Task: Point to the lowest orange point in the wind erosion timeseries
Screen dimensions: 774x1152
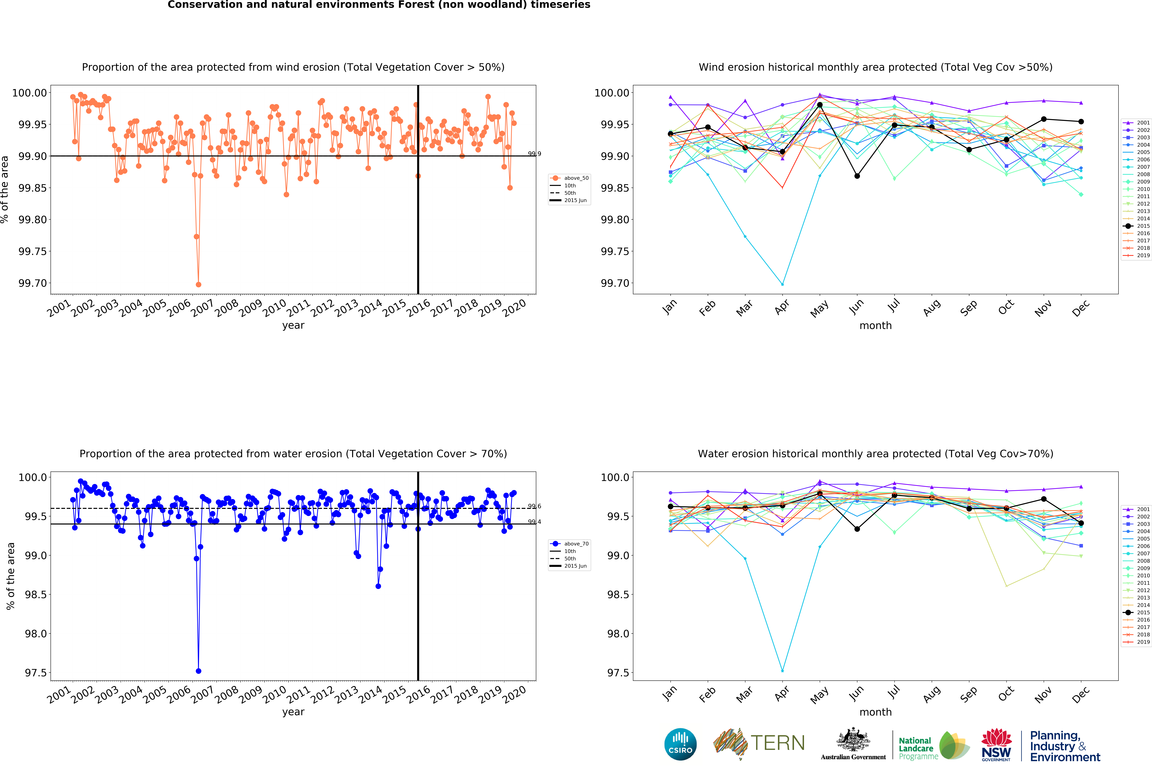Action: (198, 284)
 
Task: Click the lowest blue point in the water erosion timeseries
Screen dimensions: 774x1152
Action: (198, 671)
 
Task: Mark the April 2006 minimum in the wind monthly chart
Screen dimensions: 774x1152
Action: (782, 284)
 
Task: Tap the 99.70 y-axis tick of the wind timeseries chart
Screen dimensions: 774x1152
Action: (33, 283)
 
